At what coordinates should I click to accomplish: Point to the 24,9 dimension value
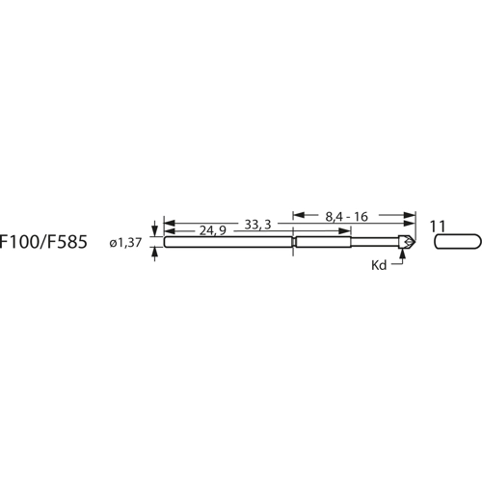click(x=213, y=232)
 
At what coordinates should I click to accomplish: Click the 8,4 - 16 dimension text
click(x=348, y=218)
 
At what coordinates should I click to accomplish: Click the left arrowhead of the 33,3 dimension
click(x=169, y=225)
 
